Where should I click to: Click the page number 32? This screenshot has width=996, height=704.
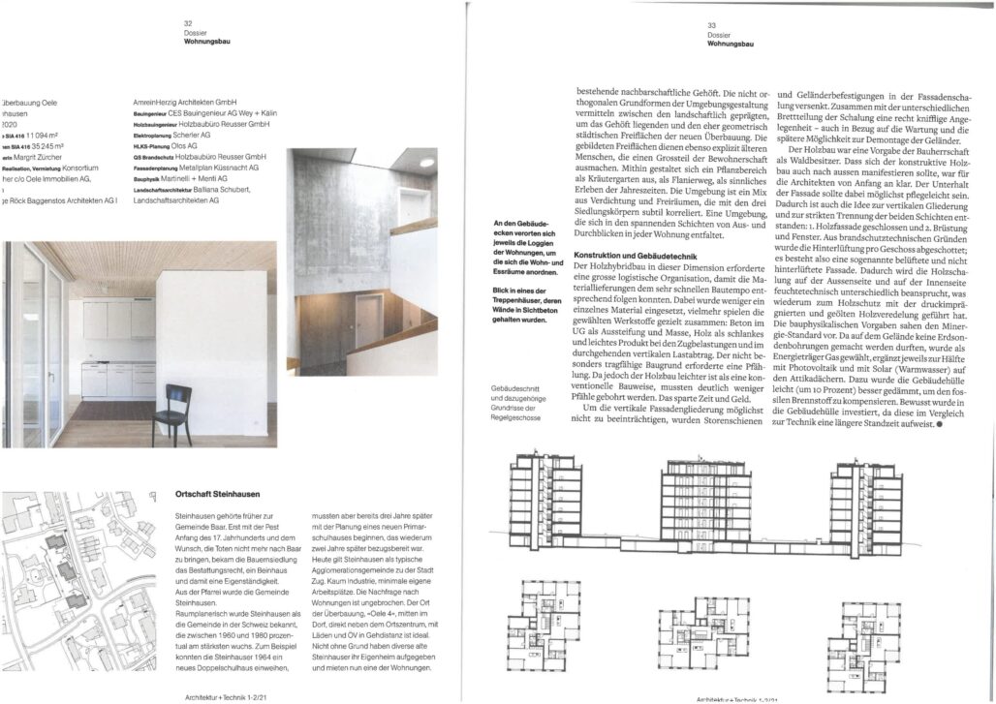(x=188, y=23)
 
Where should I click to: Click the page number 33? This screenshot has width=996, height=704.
(x=711, y=25)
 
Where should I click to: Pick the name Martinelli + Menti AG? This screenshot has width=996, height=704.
(x=202, y=177)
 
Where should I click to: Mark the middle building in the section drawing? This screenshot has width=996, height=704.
(x=702, y=503)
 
